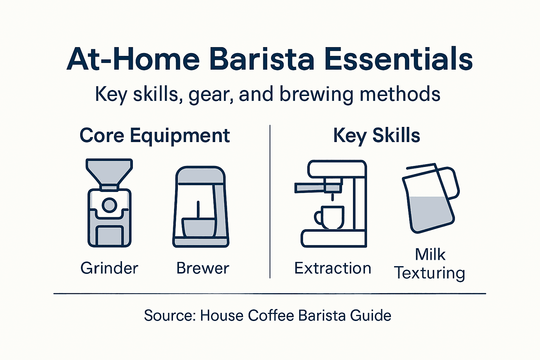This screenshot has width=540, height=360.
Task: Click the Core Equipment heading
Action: [x=155, y=135]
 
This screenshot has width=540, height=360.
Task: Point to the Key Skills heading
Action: [x=377, y=135]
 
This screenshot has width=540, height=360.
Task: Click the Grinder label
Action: [x=109, y=268]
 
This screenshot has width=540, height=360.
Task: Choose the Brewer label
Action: [x=202, y=268]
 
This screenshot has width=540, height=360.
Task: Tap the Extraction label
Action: [x=333, y=268]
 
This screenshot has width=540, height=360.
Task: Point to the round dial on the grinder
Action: [x=109, y=205]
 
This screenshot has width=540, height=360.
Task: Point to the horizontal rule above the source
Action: [x=270, y=293]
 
